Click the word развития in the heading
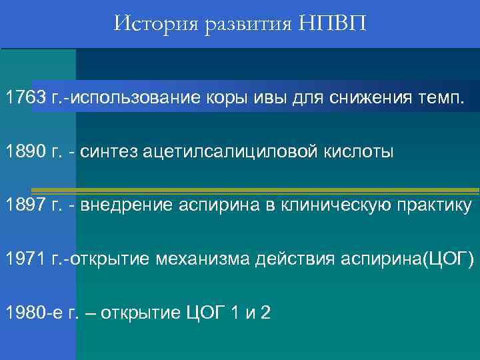pyautogui.click(x=241, y=26)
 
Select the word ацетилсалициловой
pyautogui.click(x=216, y=152)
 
